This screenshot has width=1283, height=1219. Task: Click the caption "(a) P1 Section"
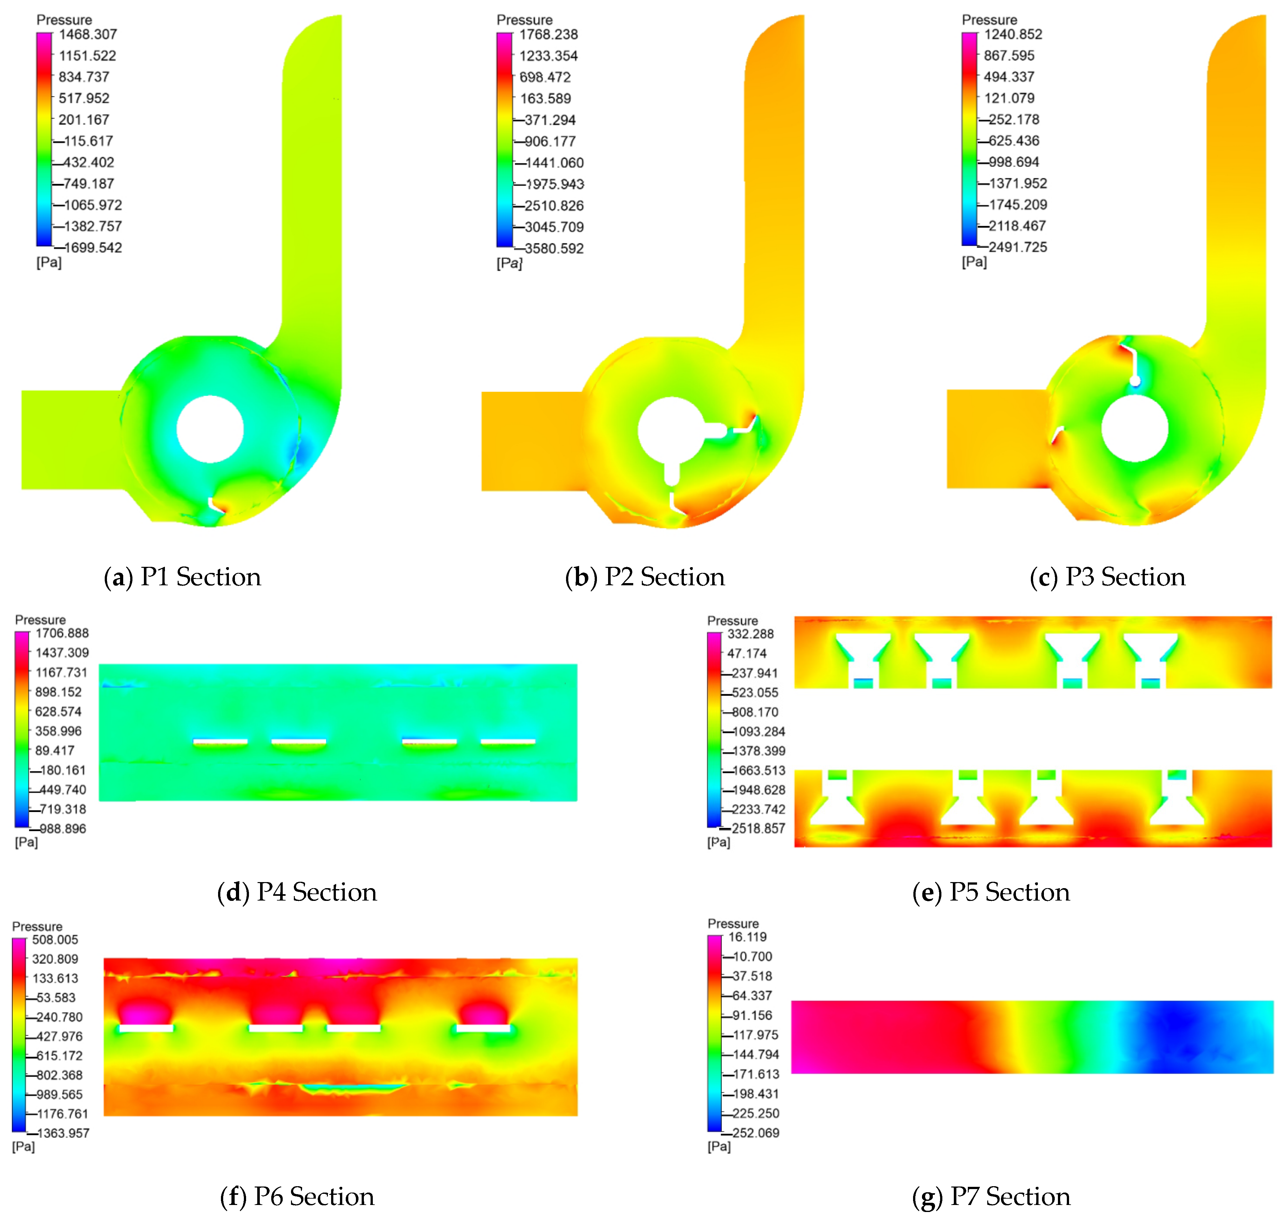(182, 576)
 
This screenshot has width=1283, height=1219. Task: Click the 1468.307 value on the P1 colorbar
(88, 34)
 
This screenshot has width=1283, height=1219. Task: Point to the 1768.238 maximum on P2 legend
(548, 34)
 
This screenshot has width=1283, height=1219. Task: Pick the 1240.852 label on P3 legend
(1013, 34)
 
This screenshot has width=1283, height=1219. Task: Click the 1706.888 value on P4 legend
(62, 633)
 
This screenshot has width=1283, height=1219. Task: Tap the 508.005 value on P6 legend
(55, 940)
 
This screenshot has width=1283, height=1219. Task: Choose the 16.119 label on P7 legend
(747, 937)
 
